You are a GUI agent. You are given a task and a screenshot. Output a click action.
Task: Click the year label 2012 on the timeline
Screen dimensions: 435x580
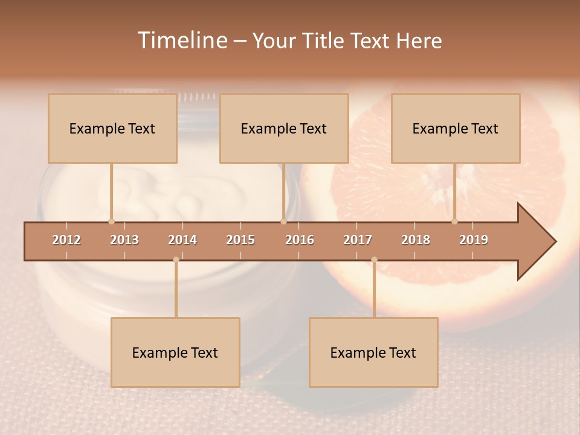pos(66,240)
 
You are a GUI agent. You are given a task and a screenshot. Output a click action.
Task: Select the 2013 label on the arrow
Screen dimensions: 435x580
pos(124,240)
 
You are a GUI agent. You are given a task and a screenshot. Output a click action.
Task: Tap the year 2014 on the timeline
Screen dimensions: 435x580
pos(182,240)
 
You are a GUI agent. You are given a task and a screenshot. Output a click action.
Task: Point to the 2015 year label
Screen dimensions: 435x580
pos(240,240)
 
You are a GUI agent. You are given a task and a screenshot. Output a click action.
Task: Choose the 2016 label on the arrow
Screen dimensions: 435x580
pos(300,240)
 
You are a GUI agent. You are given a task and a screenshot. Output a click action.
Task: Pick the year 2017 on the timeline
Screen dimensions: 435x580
pos(358,240)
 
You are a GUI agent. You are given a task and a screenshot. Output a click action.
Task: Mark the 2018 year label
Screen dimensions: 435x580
pos(416,240)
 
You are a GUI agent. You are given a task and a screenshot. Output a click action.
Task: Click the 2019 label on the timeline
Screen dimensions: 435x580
pos(474,240)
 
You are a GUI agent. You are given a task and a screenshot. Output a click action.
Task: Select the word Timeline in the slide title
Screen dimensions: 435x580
pos(182,40)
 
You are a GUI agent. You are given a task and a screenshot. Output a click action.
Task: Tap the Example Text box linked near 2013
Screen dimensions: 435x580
pos(112,128)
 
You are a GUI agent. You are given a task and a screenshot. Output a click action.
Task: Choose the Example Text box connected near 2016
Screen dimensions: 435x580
pos(284,128)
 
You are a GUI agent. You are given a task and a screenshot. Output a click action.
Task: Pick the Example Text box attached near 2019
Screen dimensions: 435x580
pos(456,128)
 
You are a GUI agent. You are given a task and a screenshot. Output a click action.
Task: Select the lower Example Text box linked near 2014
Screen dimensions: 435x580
pos(175,352)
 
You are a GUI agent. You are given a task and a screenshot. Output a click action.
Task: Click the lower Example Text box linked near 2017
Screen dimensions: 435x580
pos(373,352)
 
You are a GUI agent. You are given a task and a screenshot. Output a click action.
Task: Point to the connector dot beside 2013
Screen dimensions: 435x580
pos(111,221)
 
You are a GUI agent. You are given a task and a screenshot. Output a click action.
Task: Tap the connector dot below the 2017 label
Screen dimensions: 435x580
pos(374,260)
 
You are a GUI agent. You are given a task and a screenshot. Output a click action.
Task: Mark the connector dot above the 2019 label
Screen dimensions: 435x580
pos(454,221)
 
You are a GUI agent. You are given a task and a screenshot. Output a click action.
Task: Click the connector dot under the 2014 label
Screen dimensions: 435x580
pos(176,260)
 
